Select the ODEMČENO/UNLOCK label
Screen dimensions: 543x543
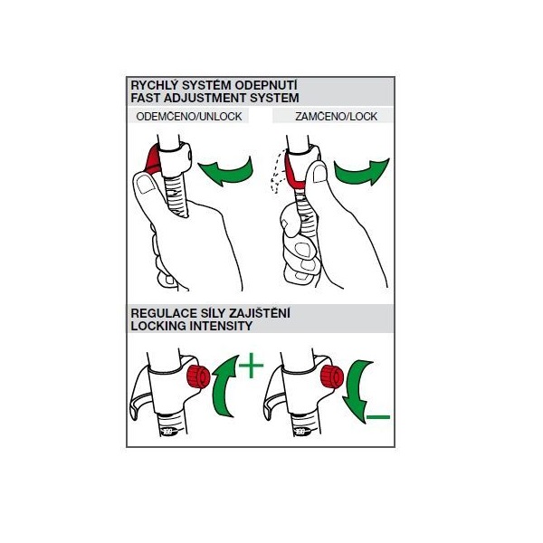[189, 117]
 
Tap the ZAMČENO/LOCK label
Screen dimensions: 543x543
[336, 117]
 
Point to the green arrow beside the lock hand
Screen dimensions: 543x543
[362, 171]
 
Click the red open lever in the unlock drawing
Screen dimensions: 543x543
[153, 159]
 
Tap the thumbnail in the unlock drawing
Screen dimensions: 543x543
[146, 185]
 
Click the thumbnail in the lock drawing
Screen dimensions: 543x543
[320, 173]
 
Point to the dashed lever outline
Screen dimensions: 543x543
[278, 171]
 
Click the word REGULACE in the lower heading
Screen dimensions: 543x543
[163, 313]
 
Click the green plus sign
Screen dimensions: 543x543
[252, 366]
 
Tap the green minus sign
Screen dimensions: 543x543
[378, 417]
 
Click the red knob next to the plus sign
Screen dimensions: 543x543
[198, 376]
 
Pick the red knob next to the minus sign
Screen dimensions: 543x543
[332, 376]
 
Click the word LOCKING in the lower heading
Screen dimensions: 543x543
[158, 326]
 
